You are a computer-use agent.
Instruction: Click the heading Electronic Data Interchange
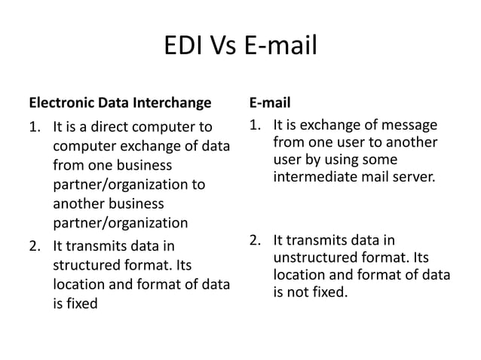120,102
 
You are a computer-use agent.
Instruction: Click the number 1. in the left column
34,127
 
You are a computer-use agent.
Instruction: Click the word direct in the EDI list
109,127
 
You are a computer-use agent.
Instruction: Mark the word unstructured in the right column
313,258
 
